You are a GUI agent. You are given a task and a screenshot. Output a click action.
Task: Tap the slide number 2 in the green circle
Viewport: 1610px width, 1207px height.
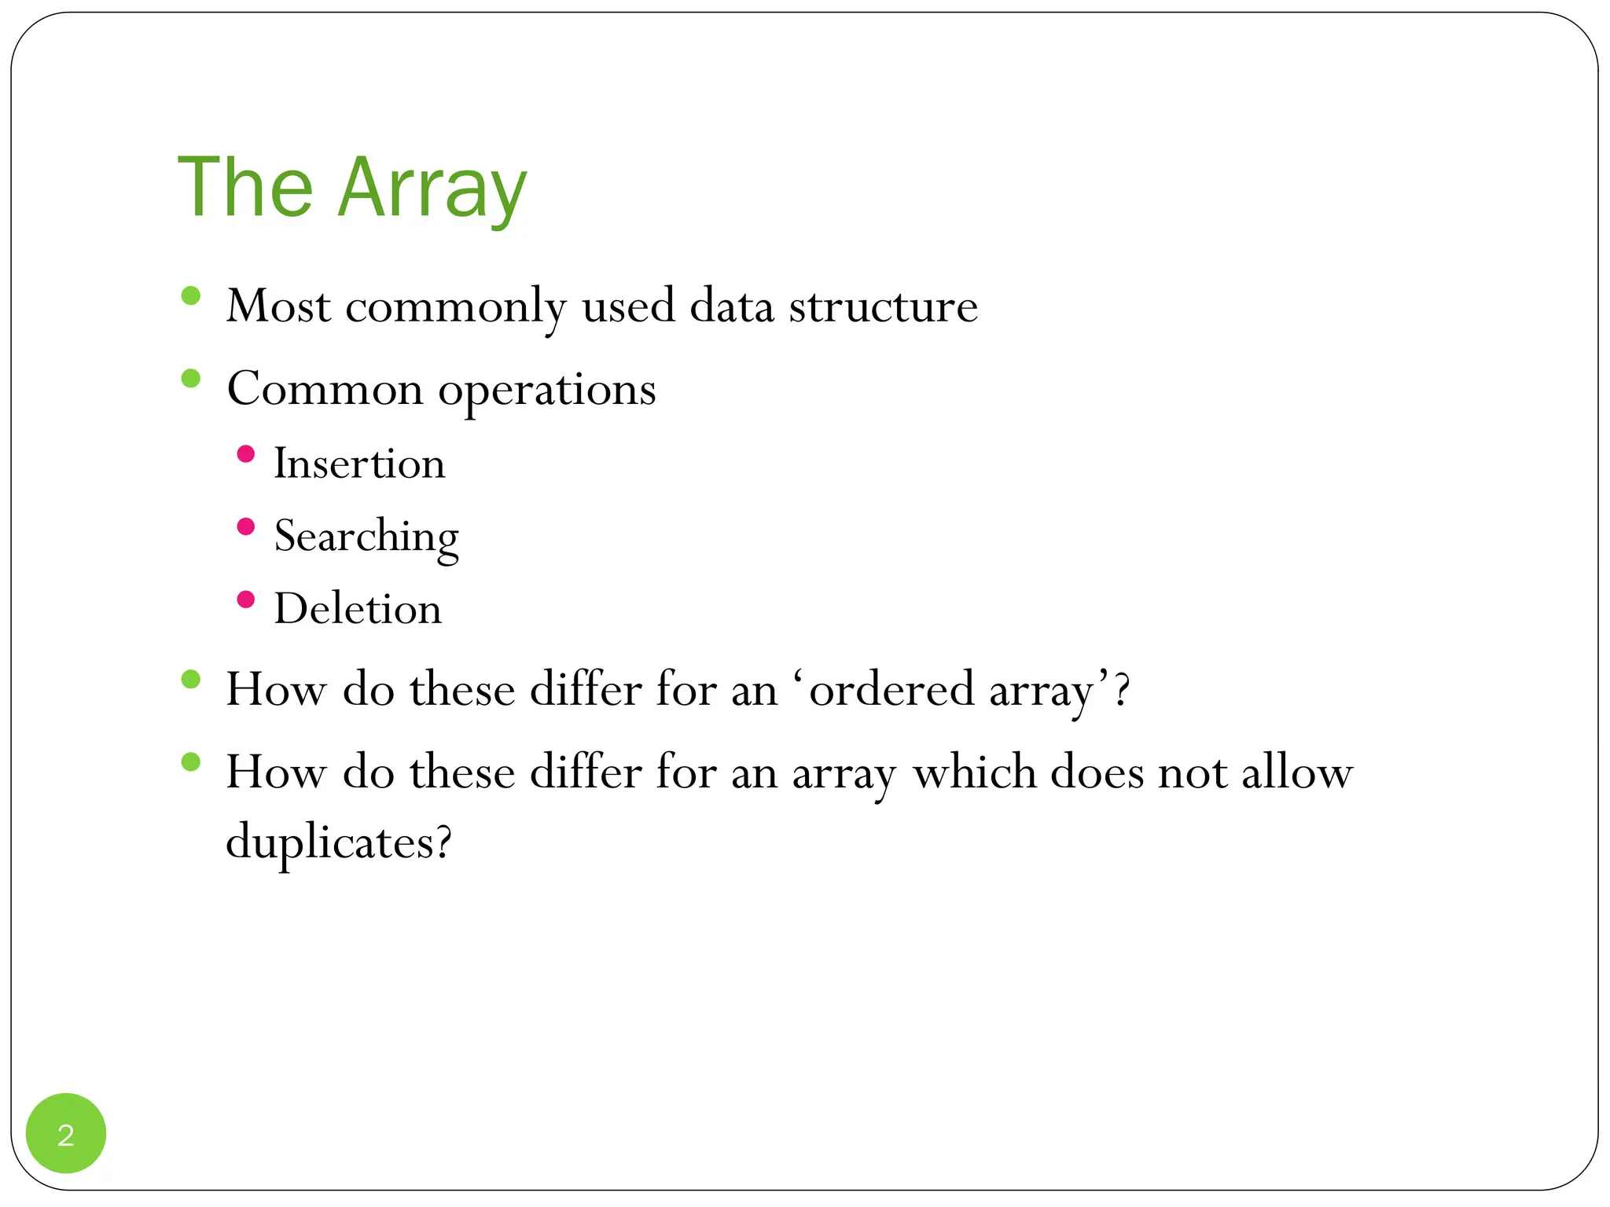tap(66, 1135)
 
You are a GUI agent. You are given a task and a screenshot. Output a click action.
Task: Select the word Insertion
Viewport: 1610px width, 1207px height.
tap(359, 464)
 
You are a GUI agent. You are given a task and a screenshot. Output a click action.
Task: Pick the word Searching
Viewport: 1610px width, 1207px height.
tap(366, 537)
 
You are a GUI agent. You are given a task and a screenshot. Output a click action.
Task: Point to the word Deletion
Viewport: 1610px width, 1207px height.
tap(358, 609)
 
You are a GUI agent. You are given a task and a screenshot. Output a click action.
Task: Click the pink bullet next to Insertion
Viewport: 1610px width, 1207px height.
tap(245, 454)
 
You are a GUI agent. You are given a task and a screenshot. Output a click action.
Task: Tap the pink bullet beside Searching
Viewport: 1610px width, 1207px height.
tap(245, 526)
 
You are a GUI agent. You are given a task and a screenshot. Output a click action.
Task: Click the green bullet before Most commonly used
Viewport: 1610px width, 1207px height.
tap(190, 296)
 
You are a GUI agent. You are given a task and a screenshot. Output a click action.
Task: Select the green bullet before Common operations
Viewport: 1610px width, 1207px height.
tap(190, 379)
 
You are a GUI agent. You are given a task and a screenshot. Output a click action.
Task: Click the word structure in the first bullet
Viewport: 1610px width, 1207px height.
tap(883, 306)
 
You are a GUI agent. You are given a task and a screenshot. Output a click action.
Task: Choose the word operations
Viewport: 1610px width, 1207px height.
tap(546, 390)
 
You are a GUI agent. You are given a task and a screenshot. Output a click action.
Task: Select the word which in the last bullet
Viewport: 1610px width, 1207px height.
tap(974, 772)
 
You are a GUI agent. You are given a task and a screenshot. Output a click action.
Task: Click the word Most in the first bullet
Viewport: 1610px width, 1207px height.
tap(278, 306)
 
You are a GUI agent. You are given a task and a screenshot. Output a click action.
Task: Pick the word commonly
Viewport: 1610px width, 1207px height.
tap(456, 307)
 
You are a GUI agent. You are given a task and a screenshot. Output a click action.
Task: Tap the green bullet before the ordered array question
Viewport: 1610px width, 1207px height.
tap(190, 680)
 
